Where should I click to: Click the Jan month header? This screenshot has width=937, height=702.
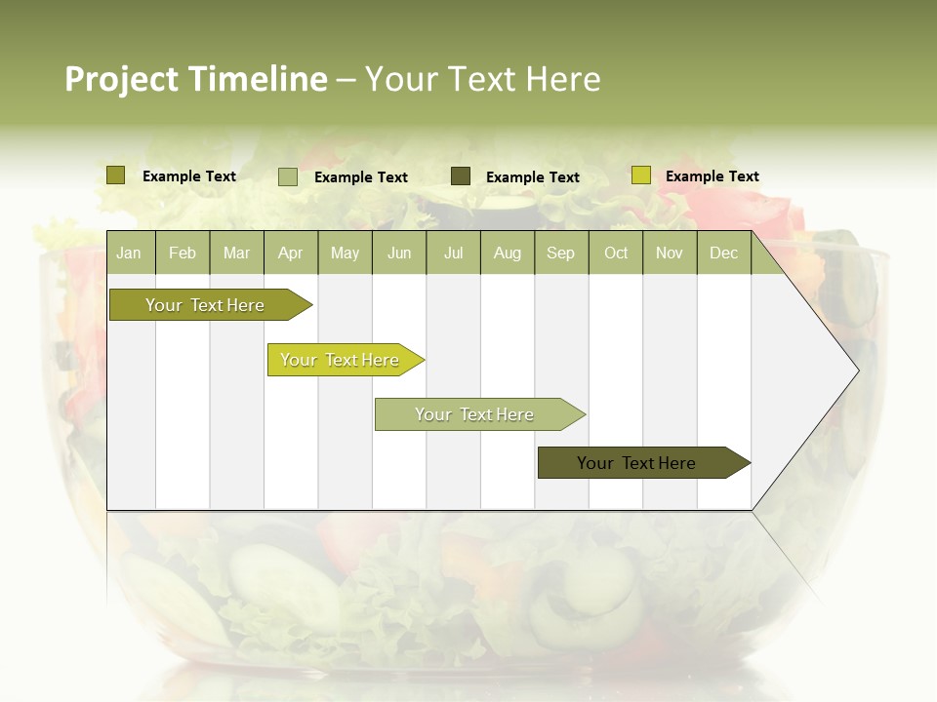130,253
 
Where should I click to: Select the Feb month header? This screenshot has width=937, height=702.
183,253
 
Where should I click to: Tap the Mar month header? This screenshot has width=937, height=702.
236,253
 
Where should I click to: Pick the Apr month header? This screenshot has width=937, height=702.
291,253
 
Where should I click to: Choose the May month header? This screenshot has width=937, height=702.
345,253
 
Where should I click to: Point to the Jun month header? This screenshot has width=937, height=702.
399,253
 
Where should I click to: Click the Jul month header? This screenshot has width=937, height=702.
453,253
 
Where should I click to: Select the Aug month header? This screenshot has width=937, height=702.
508,253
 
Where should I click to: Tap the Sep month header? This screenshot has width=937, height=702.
561,253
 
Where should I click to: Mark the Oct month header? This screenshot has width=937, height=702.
616,253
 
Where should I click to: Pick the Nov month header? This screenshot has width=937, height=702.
670,253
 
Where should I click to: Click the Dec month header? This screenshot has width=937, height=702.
724,253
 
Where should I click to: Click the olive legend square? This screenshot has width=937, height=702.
116,175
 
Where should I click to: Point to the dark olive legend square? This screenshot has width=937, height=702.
461,175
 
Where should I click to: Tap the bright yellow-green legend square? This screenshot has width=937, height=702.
640,175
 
